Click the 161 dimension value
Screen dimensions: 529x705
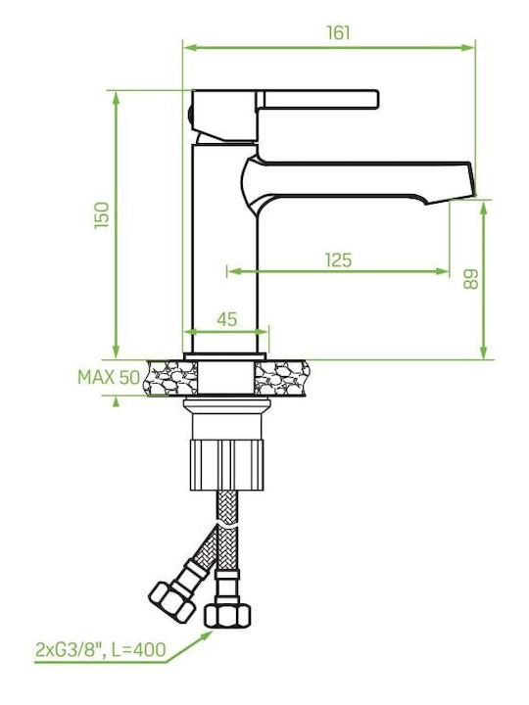tap(338, 33)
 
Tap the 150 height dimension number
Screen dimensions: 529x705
tap(102, 214)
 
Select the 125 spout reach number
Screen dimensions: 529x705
tap(338, 259)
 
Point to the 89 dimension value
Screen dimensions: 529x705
tap(470, 279)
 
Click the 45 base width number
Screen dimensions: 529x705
tap(226, 319)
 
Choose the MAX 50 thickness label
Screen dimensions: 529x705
tap(109, 377)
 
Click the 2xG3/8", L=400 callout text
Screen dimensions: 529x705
tap(101, 650)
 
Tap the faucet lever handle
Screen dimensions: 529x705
tap(317, 99)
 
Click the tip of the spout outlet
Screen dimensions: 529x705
tap(473, 194)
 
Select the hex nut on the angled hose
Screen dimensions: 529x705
tap(171, 602)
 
